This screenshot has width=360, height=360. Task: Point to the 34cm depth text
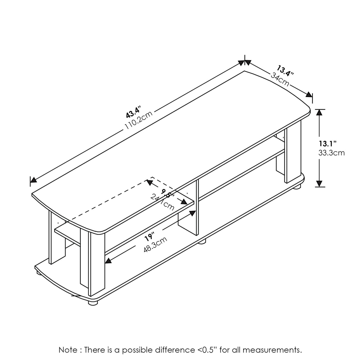pos(280,79)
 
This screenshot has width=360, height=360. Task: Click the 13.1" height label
pos(327,144)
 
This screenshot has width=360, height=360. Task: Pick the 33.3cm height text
pos(331,153)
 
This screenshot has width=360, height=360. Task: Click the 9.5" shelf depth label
pos(167,194)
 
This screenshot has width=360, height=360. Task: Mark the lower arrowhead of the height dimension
pos(319,184)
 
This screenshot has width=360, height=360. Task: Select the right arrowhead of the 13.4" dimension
pos(309,95)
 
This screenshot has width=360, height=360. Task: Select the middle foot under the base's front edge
pos(202,242)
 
